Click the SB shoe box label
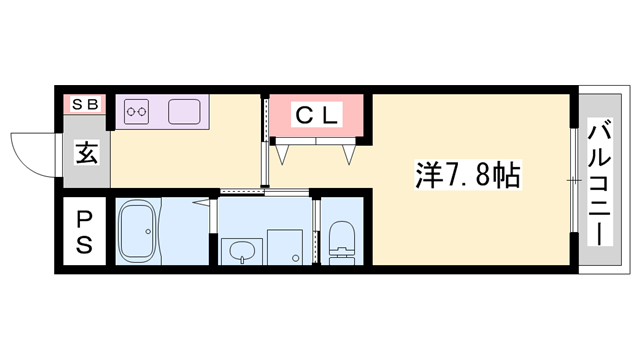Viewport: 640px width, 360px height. tap(83, 102)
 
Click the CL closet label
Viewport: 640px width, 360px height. tap(317, 116)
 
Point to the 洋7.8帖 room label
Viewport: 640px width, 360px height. tap(466, 177)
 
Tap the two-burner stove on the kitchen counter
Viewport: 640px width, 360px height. tap(137, 112)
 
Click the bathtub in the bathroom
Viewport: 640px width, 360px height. tap(147, 231)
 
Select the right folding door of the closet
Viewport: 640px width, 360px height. tap(349, 153)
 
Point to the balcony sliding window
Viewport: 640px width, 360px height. tap(572, 181)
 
